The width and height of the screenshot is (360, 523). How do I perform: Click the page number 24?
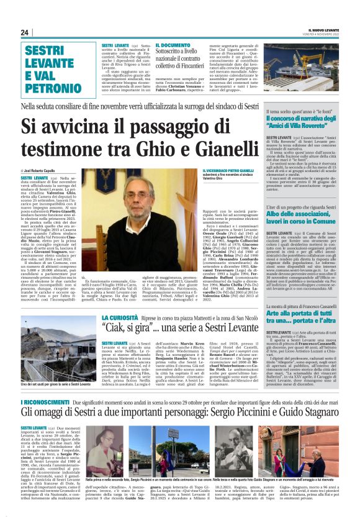pyautogui.click(x=24, y=32)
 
